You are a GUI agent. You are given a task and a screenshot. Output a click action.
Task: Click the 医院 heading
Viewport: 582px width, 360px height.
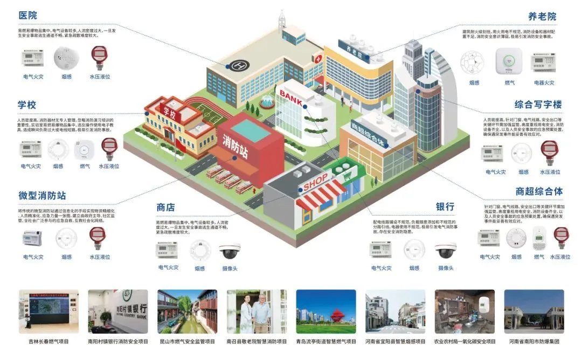coord(27,16)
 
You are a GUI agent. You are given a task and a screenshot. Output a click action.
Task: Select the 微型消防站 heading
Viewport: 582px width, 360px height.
coord(43,195)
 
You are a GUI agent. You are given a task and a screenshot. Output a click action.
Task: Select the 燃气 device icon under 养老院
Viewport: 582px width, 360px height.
coord(509,60)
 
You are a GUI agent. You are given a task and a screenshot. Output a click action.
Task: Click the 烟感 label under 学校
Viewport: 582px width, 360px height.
coord(58,167)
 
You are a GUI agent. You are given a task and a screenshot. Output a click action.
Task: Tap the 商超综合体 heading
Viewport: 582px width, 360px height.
coord(539,191)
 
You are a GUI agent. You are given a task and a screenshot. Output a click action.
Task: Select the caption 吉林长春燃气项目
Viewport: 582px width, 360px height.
coord(48,342)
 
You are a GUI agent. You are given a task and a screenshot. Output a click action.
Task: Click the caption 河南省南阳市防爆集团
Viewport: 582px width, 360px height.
coord(534,342)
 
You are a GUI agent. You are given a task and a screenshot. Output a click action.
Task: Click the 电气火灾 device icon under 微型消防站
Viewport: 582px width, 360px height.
coord(32,238)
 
